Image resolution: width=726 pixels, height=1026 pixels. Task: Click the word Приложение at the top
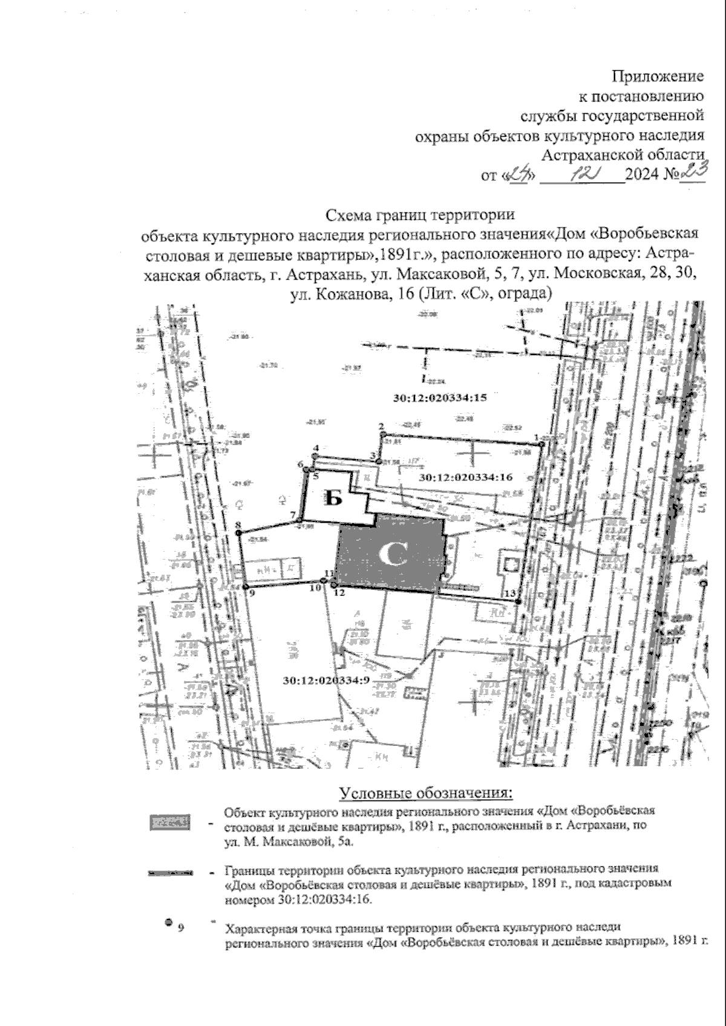658,76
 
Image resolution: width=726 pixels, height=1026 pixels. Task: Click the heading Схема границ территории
420,215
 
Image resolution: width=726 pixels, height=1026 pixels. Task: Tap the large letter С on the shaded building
392,554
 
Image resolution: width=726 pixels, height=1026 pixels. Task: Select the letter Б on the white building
334,498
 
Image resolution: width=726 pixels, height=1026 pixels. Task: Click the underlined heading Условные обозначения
426,792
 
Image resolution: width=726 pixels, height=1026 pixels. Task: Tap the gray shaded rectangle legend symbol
170,822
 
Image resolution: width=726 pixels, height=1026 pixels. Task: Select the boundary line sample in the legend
171,873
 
